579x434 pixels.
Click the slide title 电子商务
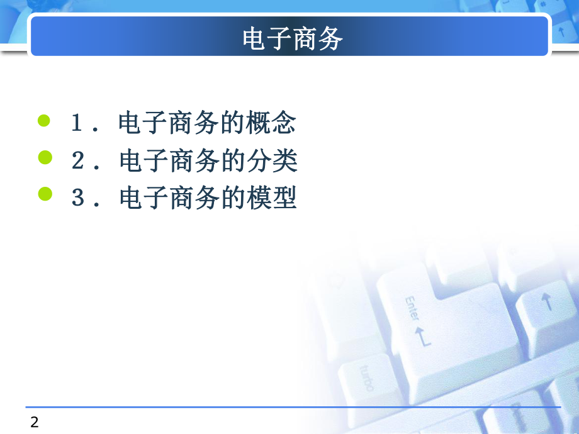[x=293, y=39]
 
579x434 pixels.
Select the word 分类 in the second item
[x=271, y=162]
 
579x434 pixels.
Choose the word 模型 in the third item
[x=271, y=199]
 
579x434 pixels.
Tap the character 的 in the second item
[x=232, y=162]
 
